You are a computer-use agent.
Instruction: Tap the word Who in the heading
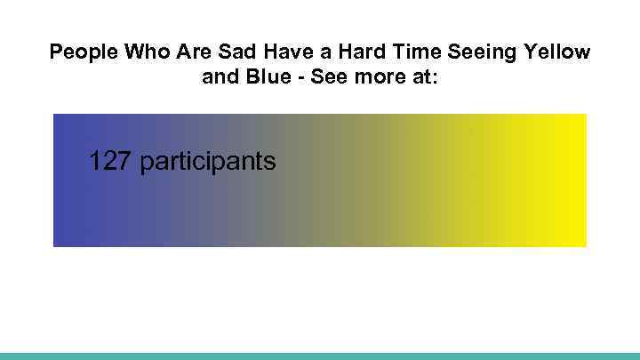[146, 52]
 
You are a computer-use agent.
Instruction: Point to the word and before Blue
[220, 77]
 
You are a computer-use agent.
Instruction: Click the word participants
[209, 163]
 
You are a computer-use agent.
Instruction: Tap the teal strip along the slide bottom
[320, 356]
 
